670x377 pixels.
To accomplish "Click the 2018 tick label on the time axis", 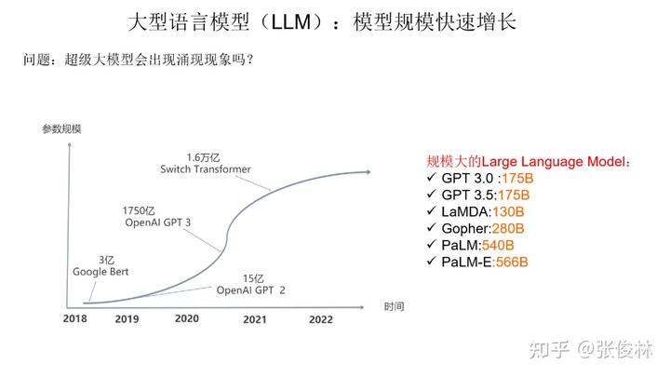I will pos(74,318).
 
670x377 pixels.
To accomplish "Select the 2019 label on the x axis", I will pos(127,318).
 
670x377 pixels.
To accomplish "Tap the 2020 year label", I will pos(186,318).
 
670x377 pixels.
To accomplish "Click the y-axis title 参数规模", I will pos(61,129).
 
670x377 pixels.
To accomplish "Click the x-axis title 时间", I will pos(395,305).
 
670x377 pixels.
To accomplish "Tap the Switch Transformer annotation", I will pos(206,168).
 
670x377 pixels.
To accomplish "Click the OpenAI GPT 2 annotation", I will pos(250,290).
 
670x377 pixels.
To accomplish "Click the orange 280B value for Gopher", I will pos(508,228).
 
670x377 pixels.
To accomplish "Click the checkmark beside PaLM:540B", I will pos(430,245).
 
